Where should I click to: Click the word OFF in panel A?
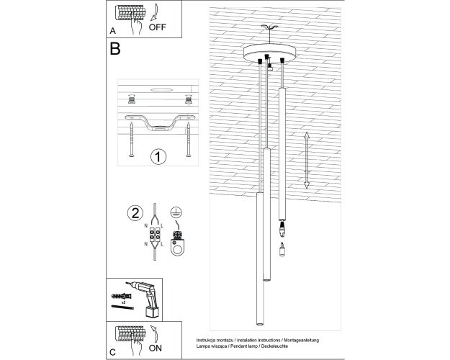pos(157,27)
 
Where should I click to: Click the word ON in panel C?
pos(156,348)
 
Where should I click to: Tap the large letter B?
pos(115,49)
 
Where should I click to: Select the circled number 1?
pos(158,157)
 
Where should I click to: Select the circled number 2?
pos(135,213)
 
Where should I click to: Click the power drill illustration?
pos(144,299)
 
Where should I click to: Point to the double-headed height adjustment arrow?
pos(307,160)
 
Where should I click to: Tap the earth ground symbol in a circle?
pos(176,212)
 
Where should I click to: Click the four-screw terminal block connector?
pos(155,235)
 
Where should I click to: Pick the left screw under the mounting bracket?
pos(132,140)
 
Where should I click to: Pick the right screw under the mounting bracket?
pos(188,140)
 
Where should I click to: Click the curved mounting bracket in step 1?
pos(160,122)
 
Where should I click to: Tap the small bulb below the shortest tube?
pos(282,249)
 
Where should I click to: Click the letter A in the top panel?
pos(112,31)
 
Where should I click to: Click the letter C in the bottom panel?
pos(112,352)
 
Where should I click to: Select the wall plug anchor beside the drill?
pos(121,296)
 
